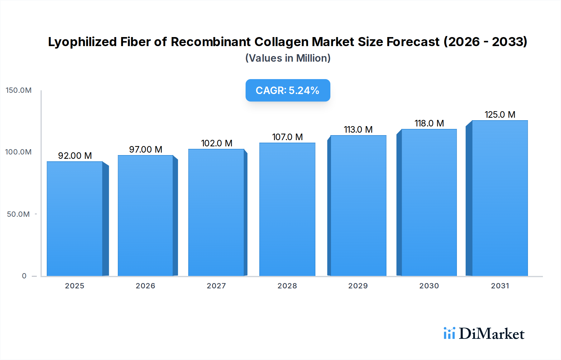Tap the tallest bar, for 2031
pyautogui.click(x=500, y=198)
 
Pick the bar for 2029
pyautogui.click(x=358, y=206)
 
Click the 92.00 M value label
pyautogui.click(x=75, y=156)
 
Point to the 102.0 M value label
pyautogui.click(x=217, y=143)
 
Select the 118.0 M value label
pyautogui.click(x=429, y=123)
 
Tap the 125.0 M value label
pyautogui.click(x=500, y=115)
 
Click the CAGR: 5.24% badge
pyautogui.click(x=288, y=90)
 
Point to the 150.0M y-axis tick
pyautogui.click(x=19, y=90)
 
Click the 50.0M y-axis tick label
pyautogui.click(x=18, y=214)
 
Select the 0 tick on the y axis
pyautogui.click(x=24, y=276)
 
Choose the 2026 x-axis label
pyautogui.click(x=145, y=286)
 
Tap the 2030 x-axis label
pyautogui.click(x=429, y=286)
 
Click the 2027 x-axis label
pyautogui.click(x=216, y=286)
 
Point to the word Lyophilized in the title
pyautogui.click(x=82, y=42)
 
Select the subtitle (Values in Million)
pyautogui.click(x=288, y=58)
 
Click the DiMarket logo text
pyautogui.click(x=491, y=334)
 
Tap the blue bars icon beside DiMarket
pyautogui.click(x=449, y=333)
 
